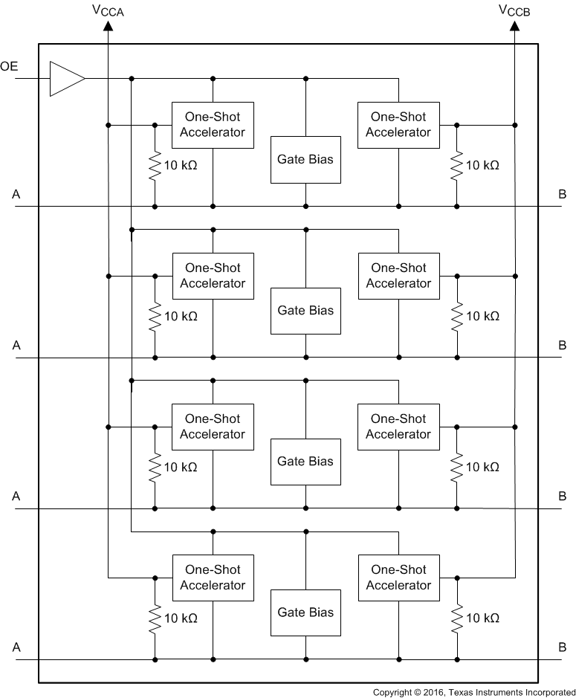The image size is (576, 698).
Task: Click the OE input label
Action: point(9,67)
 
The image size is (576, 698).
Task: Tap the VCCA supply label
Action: point(108,10)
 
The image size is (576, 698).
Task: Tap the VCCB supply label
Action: point(514,10)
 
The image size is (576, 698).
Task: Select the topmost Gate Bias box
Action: point(305,159)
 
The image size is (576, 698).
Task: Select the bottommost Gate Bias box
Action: point(305,613)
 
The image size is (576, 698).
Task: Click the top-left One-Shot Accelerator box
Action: point(213,125)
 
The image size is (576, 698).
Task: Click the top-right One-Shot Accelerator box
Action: point(398,125)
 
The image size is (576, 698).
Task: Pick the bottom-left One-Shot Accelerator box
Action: point(213,578)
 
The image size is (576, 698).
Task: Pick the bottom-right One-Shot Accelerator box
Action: point(398,578)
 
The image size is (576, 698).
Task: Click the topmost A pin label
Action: point(16,194)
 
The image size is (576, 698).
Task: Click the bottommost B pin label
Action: point(562,647)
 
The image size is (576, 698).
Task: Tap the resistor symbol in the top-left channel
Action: point(155,166)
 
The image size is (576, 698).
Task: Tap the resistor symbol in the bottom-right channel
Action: point(456,618)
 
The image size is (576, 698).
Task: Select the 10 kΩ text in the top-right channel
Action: point(482,165)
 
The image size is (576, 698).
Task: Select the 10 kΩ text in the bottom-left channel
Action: point(181,618)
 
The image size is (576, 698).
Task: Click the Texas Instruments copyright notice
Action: point(473,692)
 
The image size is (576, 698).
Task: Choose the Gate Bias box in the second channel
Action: point(305,311)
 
